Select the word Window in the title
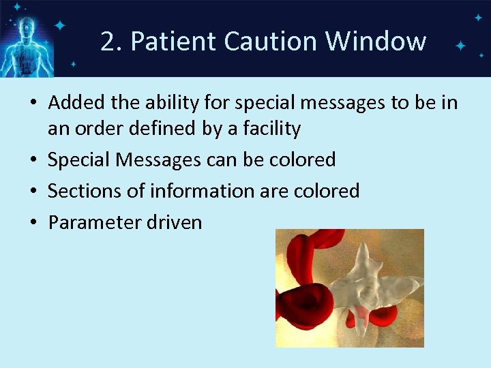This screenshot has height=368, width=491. (x=376, y=42)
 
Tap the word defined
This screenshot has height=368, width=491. (x=165, y=129)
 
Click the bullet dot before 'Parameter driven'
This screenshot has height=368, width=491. (x=34, y=223)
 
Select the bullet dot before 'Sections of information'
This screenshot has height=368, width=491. (x=34, y=191)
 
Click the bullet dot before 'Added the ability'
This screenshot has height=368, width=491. (x=34, y=104)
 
